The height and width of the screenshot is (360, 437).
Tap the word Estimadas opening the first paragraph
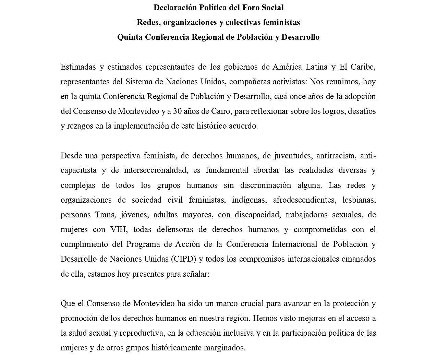78,67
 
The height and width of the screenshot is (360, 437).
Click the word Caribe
363,67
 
